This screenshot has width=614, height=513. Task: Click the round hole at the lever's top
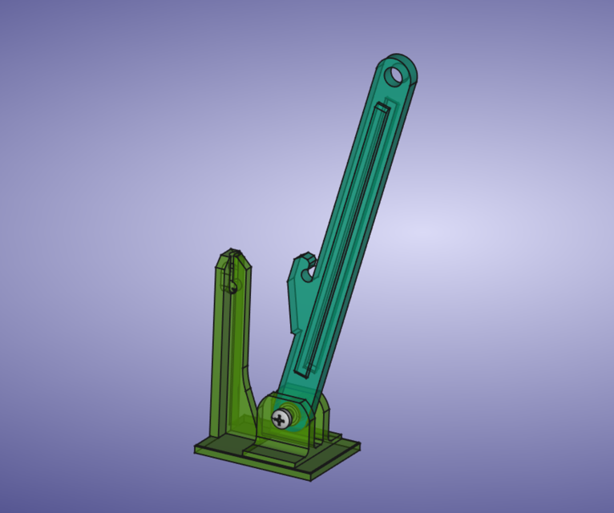click(x=395, y=76)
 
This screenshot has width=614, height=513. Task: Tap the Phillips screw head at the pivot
click(x=280, y=418)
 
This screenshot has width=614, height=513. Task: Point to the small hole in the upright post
click(x=232, y=285)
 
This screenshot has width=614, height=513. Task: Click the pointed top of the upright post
click(x=232, y=252)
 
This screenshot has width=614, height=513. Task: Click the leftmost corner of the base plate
click(x=196, y=449)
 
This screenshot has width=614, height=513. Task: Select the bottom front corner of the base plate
click(x=310, y=479)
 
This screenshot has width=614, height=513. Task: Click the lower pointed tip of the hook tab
click(x=291, y=330)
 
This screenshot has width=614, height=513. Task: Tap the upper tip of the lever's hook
click(x=303, y=256)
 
